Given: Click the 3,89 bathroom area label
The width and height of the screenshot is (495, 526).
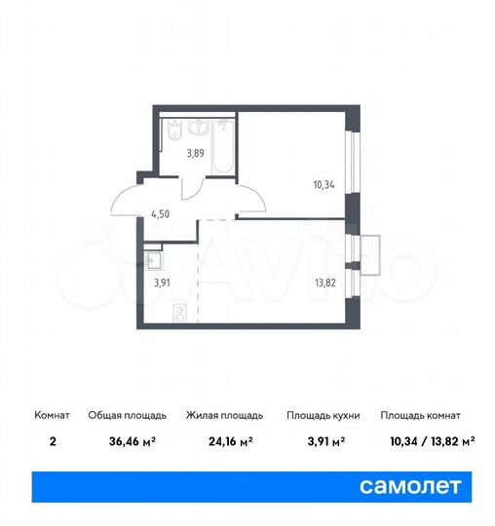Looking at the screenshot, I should pyautogui.click(x=196, y=152).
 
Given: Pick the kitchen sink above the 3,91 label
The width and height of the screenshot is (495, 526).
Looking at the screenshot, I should pyautogui.click(x=154, y=258).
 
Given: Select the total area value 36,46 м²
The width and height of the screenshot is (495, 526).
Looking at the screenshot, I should pyautogui.click(x=117, y=440).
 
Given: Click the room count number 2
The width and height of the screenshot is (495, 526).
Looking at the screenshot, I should pyautogui.click(x=52, y=440).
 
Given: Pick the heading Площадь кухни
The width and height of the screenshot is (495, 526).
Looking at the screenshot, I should pyautogui.click(x=323, y=415).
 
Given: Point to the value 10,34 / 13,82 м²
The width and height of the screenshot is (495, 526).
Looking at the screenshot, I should pyautogui.click(x=427, y=440).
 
